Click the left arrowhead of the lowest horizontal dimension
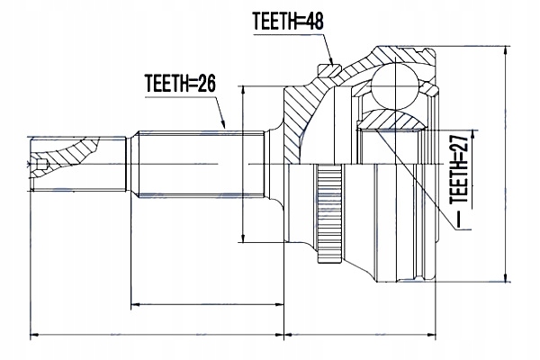tap(35, 337)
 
